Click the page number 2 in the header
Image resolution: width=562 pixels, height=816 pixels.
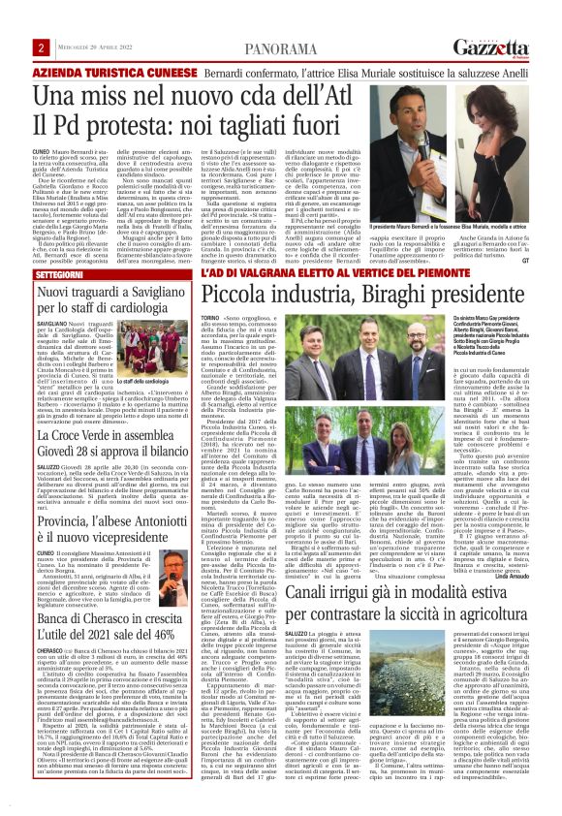(x=41, y=47)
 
